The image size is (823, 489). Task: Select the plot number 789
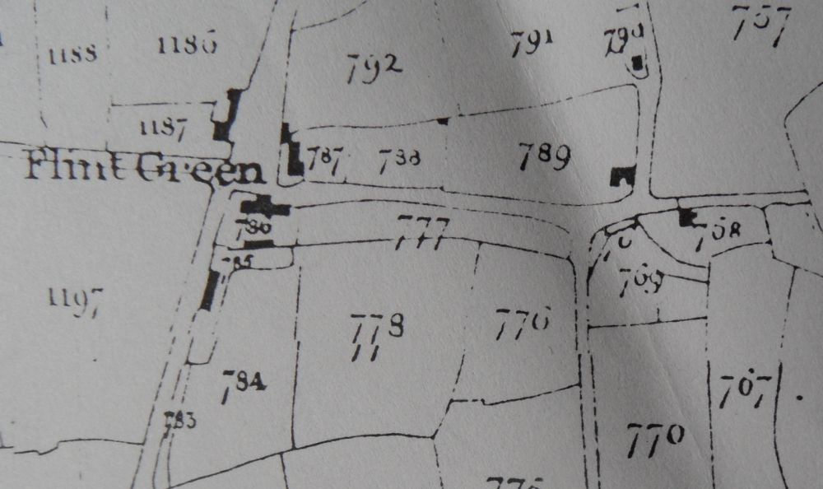tap(544, 155)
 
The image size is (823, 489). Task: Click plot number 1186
tap(187, 45)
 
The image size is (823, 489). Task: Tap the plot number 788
tap(401, 158)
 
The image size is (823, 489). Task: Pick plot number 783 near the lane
tap(179, 421)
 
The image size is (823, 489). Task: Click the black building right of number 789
tap(623, 175)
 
